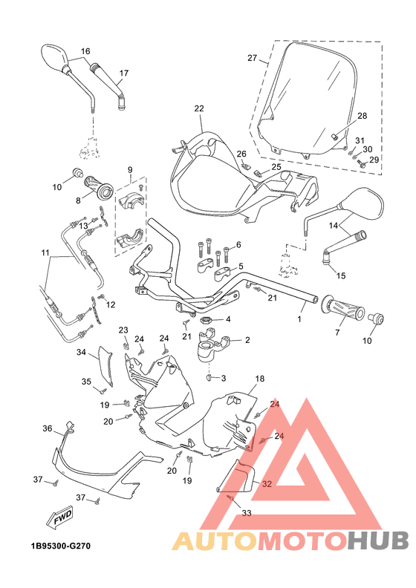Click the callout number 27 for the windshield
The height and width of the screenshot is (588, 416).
[252, 58]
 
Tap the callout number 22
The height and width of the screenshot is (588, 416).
[198, 108]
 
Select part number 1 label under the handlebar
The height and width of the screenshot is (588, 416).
[300, 319]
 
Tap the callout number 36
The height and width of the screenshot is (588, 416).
[47, 429]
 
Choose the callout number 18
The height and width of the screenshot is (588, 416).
[259, 379]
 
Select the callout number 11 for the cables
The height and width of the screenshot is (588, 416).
[45, 252]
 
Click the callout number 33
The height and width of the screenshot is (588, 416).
[247, 512]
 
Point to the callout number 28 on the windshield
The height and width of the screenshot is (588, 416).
[362, 116]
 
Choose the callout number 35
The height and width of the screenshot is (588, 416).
[86, 382]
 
